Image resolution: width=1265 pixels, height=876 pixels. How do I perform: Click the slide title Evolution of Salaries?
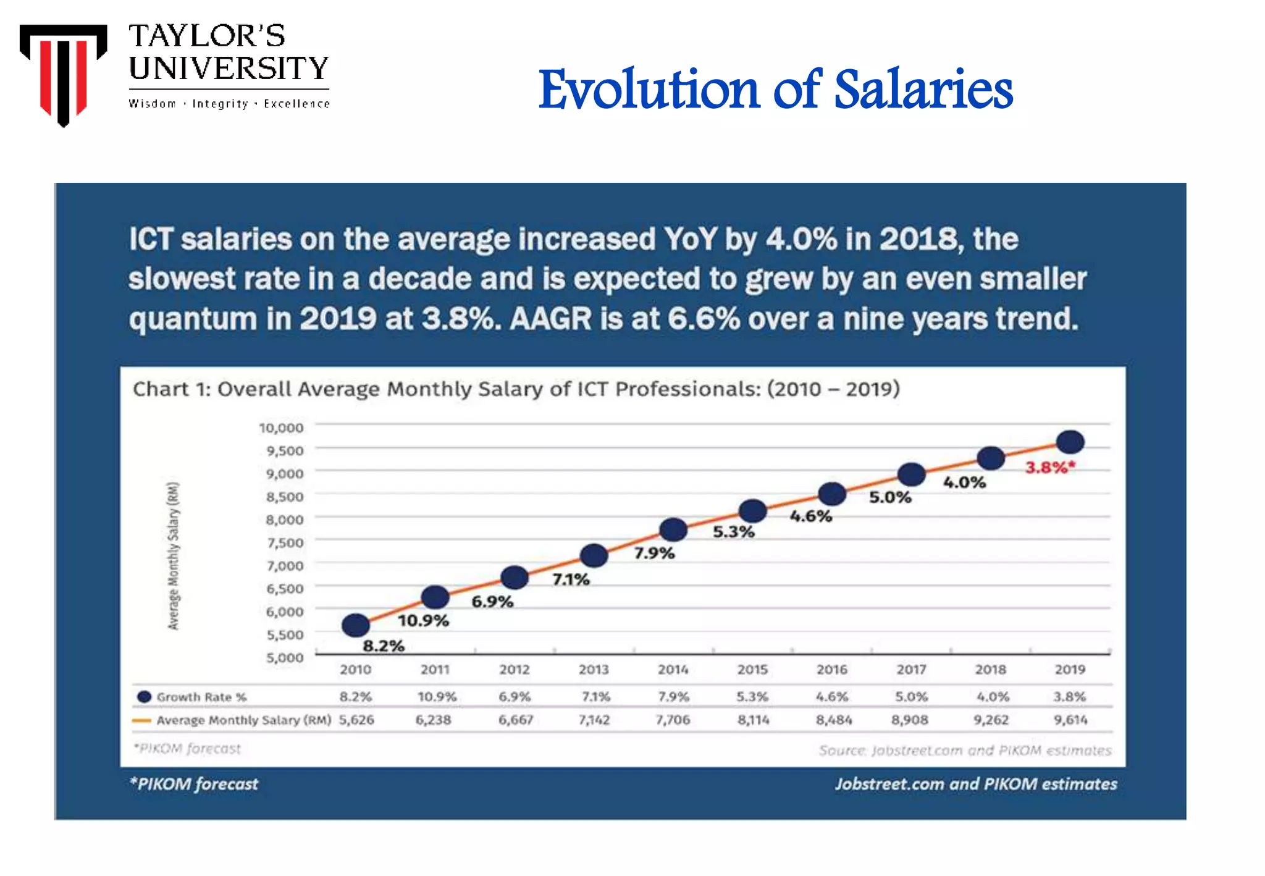tap(775, 90)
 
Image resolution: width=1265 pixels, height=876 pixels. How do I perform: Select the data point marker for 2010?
tap(356, 625)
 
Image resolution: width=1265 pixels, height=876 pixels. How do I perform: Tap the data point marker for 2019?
tap(1070, 442)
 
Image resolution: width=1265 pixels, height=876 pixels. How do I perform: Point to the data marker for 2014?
tap(673, 529)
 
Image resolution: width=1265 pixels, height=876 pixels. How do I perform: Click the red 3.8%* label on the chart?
tap(1050, 468)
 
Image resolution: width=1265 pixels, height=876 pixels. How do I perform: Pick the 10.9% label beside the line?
tap(423, 620)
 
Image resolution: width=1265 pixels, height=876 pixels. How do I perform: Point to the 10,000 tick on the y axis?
tap(281, 427)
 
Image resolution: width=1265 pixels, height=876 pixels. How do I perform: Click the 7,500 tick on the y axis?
tap(285, 542)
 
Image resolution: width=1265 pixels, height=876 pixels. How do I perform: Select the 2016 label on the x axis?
tap(831, 670)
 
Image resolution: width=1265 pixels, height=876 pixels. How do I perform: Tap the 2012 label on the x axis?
tap(515, 670)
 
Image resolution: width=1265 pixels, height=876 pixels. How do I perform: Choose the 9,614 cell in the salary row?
tap(1070, 720)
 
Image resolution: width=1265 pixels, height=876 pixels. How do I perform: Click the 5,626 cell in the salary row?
tap(356, 720)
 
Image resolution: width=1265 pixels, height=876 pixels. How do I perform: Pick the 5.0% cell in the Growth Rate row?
tap(911, 697)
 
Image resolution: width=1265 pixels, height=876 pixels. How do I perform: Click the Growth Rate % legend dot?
tap(144, 697)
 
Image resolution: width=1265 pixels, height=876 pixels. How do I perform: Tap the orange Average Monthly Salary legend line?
tap(141, 720)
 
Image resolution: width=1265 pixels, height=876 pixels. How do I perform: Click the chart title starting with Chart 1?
tap(516, 389)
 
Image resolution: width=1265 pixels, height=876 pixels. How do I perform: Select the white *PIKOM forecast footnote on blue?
tap(194, 784)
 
